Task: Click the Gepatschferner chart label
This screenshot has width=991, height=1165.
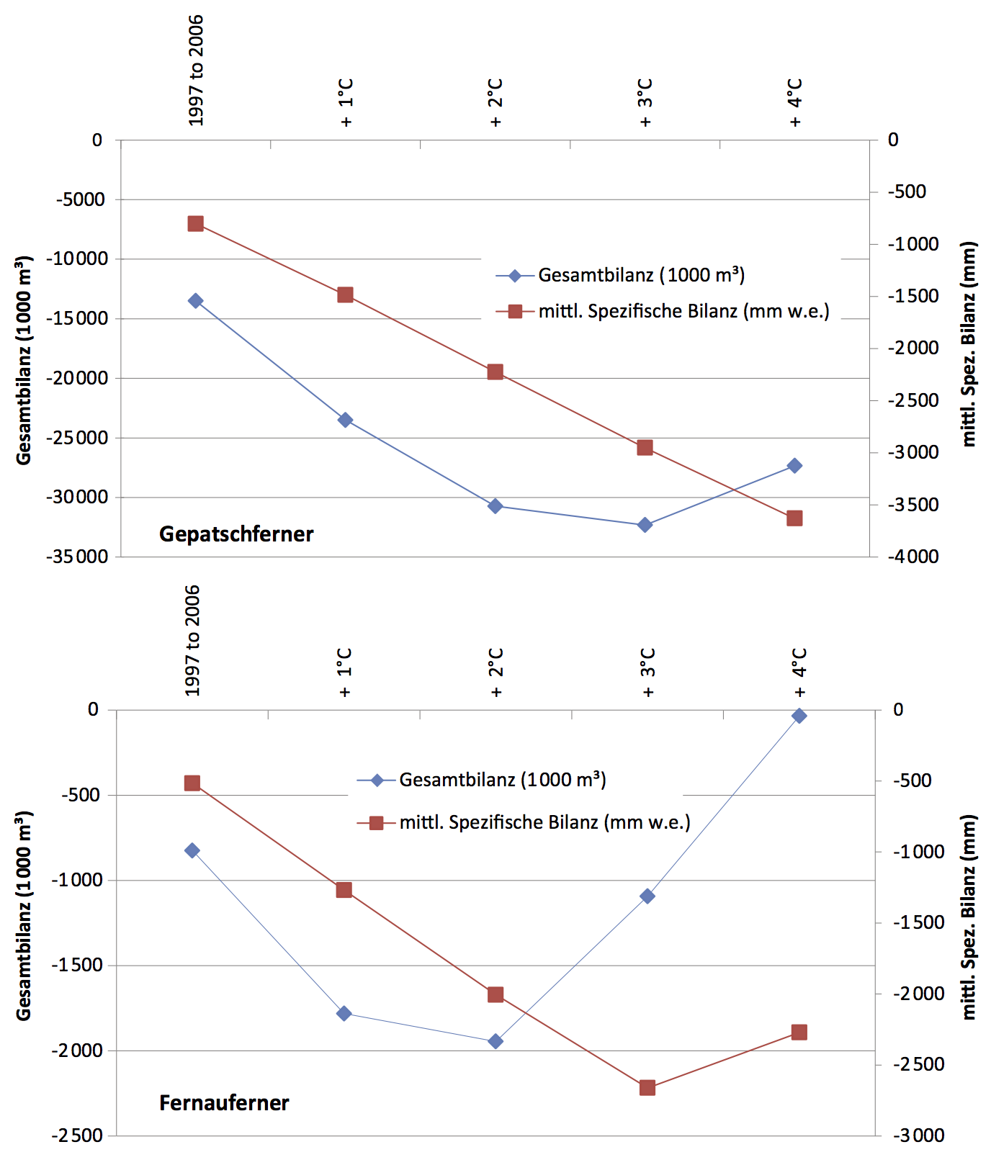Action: tap(236, 534)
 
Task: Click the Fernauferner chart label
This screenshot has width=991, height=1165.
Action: tap(224, 1102)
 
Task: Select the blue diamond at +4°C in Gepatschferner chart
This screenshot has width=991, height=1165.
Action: tap(794, 466)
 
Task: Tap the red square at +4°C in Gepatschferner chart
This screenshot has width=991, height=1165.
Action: tap(794, 518)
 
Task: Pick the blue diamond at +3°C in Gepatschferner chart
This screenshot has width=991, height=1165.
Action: tap(645, 525)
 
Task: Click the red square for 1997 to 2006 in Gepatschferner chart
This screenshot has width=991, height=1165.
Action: tap(195, 224)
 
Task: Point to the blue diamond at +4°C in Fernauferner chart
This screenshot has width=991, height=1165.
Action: tap(799, 716)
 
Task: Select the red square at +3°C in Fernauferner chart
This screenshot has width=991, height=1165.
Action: tap(647, 1088)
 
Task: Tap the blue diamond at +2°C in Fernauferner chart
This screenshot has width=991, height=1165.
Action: tap(495, 1041)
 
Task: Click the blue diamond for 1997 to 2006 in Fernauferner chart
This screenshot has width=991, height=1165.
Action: tap(192, 850)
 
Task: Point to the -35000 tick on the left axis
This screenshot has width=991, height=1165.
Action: tap(78, 557)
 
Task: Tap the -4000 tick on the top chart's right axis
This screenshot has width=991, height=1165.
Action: tap(913, 557)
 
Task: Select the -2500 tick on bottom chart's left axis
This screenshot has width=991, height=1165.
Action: tap(78, 1136)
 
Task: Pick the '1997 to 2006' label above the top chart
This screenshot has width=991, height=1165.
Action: tap(196, 71)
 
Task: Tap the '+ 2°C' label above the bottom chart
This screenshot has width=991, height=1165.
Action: tap(495, 673)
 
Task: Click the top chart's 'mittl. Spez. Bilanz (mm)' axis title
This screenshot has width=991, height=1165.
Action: tap(969, 344)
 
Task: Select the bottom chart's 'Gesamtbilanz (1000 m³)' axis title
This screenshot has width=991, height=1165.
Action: tap(24, 916)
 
